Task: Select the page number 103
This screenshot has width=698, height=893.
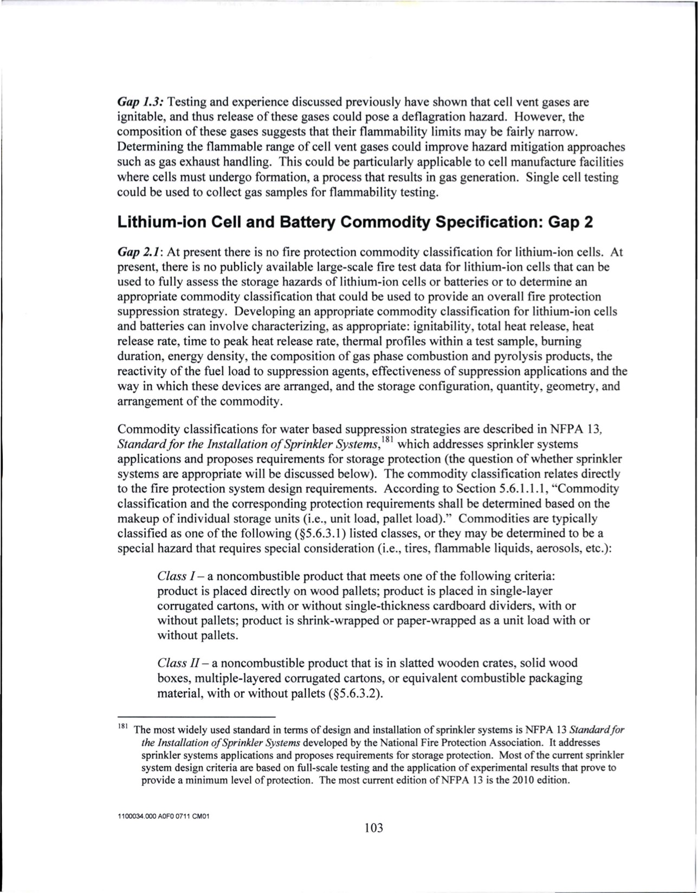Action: coord(373,828)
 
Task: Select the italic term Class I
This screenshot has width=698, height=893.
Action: coord(172,575)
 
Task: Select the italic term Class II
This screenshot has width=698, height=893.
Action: coord(174,663)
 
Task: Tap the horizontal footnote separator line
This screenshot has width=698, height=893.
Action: coord(197,716)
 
